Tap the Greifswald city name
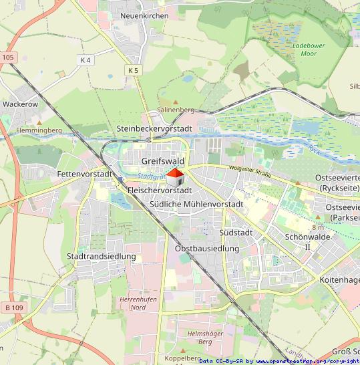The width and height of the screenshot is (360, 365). pyautogui.click(x=163, y=160)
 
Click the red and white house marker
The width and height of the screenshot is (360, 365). pyautogui.click(x=175, y=178)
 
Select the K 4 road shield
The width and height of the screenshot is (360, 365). pyautogui.click(x=85, y=60)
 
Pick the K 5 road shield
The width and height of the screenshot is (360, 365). pyautogui.click(x=133, y=70)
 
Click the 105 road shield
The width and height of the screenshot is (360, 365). pyautogui.click(x=7, y=58)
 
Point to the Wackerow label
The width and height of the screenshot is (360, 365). pyautogui.click(x=20, y=104)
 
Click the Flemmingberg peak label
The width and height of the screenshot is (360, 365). pyautogui.click(x=39, y=130)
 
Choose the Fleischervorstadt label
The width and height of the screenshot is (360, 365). pyautogui.click(x=160, y=191)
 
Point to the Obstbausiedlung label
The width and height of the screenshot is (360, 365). pyautogui.click(x=206, y=249)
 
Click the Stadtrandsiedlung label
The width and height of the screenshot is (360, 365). pyautogui.click(x=102, y=256)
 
